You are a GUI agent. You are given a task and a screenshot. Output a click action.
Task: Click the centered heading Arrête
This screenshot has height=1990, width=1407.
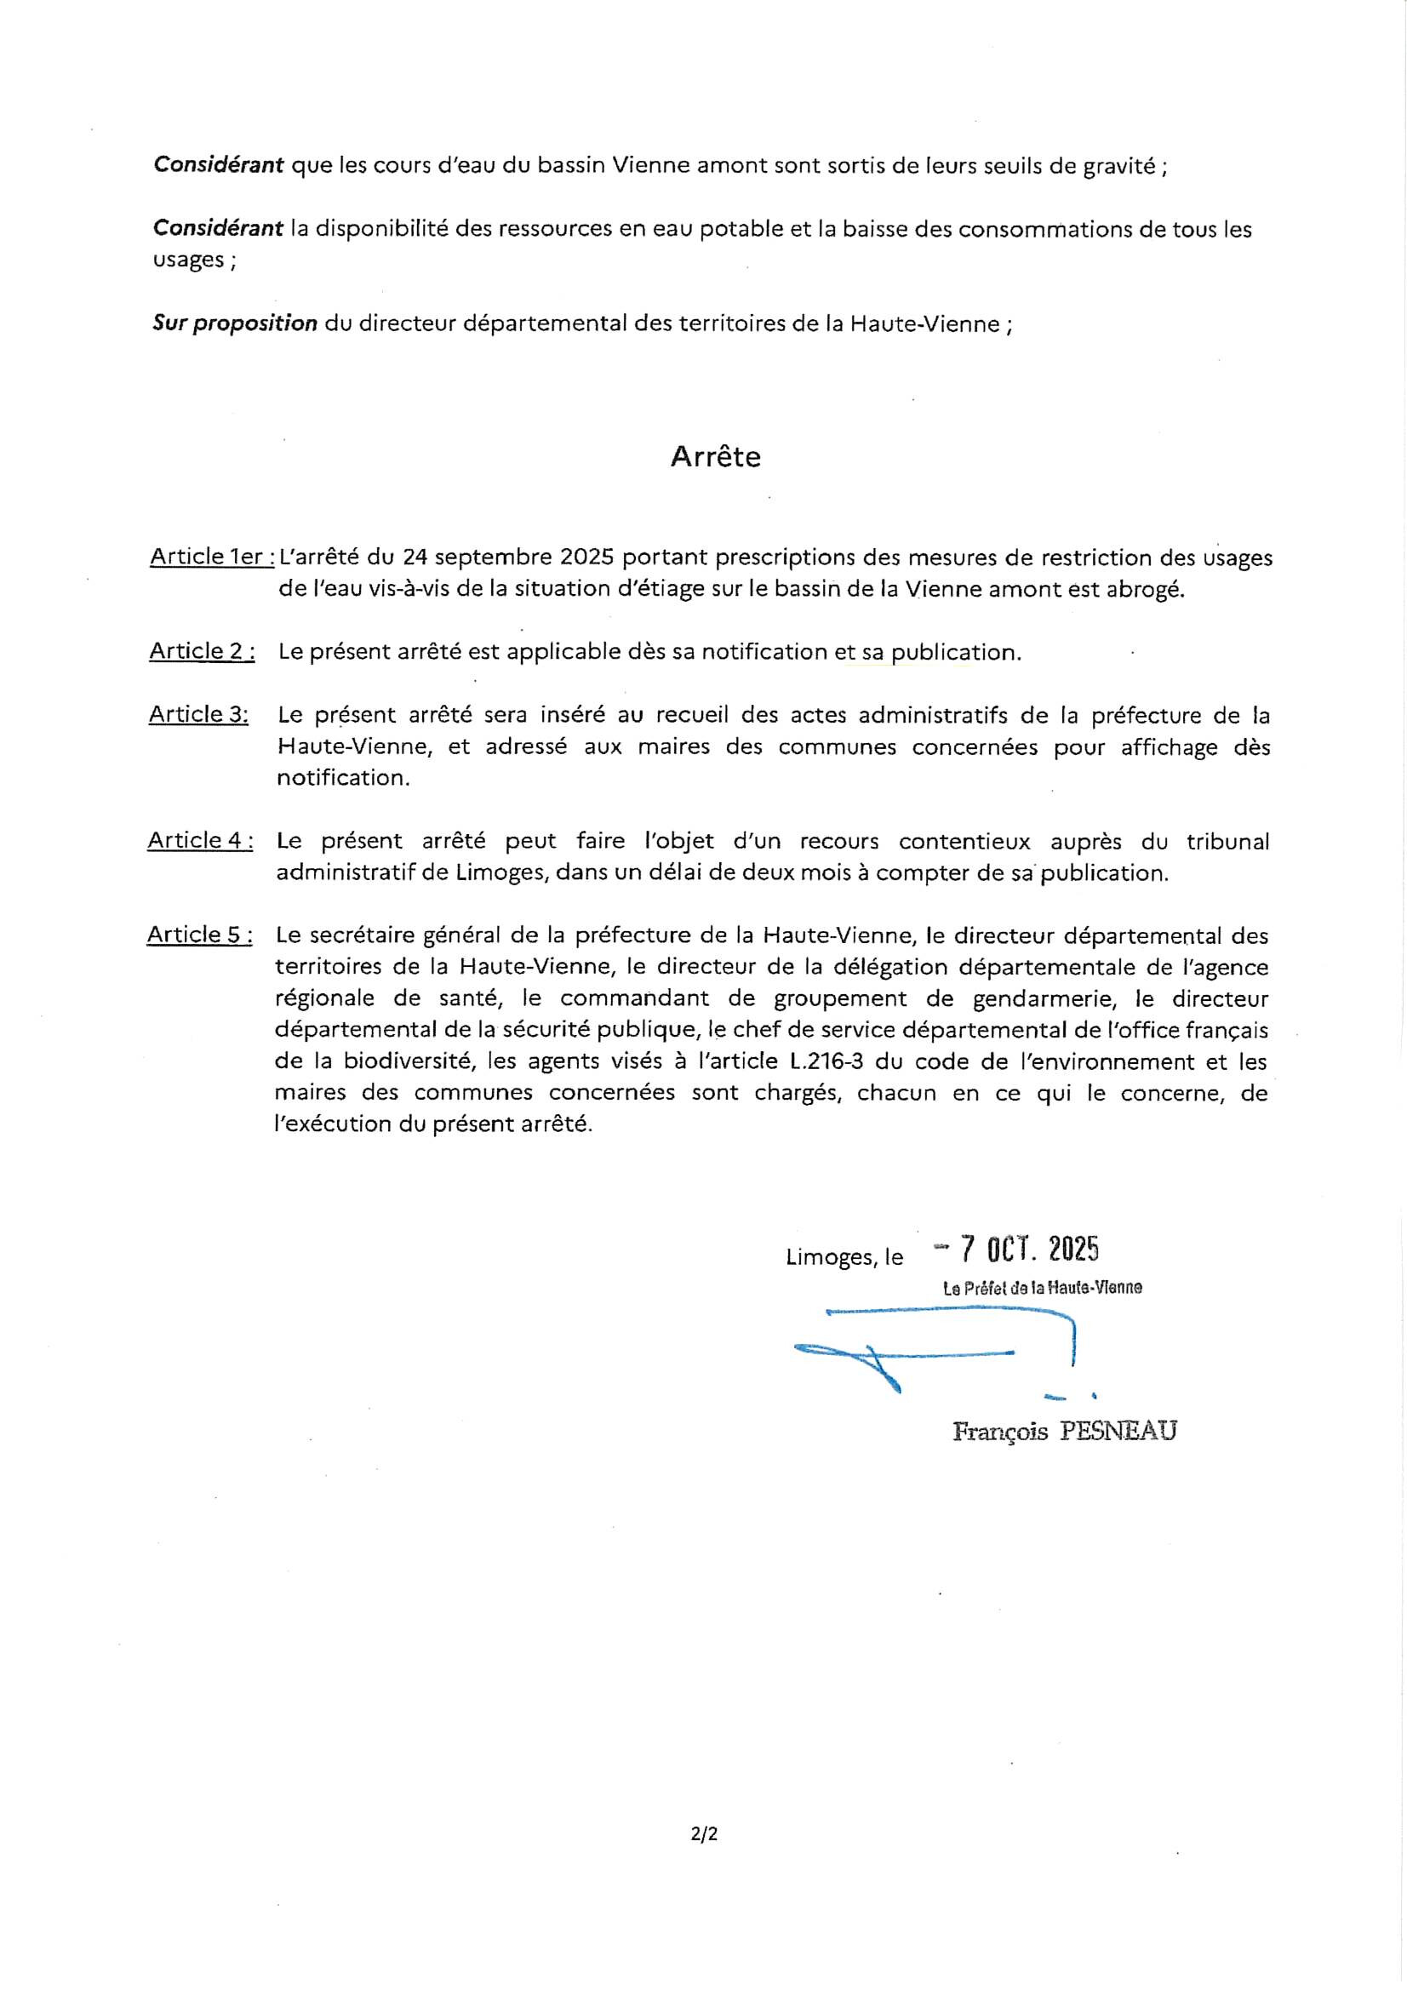coord(715,457)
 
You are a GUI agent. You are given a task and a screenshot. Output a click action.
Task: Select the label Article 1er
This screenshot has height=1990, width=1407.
coord(212,557)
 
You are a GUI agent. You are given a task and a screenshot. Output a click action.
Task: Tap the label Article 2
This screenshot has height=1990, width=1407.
coord(202,651)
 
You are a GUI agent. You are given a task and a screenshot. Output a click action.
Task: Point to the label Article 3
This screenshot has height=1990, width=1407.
coord(198,714)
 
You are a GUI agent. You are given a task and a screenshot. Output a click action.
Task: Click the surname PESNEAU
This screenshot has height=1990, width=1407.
coord(1118,1431)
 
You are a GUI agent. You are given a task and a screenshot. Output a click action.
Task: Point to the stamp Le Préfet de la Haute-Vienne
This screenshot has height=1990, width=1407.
coord(1042,1288)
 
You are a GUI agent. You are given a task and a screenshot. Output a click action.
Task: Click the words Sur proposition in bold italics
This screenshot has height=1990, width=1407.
coord(235,324)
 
